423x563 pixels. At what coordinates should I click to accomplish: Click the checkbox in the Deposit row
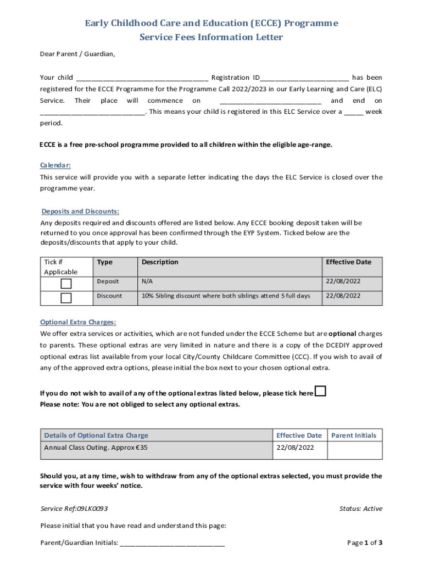click(x=66, y=284)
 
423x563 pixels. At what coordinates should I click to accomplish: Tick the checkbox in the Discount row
click(x=66, y=298)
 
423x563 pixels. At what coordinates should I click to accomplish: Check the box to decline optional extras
click(x=320, y=391)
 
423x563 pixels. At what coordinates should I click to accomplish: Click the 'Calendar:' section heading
click(x=55, y=165)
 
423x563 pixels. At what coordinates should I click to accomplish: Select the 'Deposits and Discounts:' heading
click(x=80, y=211)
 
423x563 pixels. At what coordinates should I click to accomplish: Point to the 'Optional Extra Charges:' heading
click(x=78, y=322)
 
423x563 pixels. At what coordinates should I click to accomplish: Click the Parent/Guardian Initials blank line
click(x=172, y=543)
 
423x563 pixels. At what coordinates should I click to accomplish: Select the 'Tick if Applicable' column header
click(x=60, y=267)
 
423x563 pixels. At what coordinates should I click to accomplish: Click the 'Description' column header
click(x=160, y=262)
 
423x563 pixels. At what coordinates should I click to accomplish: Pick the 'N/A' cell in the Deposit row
click(x=147, y=281)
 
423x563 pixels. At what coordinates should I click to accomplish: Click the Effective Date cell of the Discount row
click(x=343, y=295)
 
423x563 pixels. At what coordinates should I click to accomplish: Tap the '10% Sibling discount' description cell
click(x=225, y=295)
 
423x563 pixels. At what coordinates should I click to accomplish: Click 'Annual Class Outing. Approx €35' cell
click(x=96, y=448)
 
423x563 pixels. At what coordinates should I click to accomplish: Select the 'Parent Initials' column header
click(x=354, y=435)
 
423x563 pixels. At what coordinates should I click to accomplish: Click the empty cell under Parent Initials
click(x=354, y=450)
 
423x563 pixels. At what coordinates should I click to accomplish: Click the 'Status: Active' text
click(x=361, y=509)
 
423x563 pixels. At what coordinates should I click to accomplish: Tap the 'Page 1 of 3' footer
click(x=365, y=543)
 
